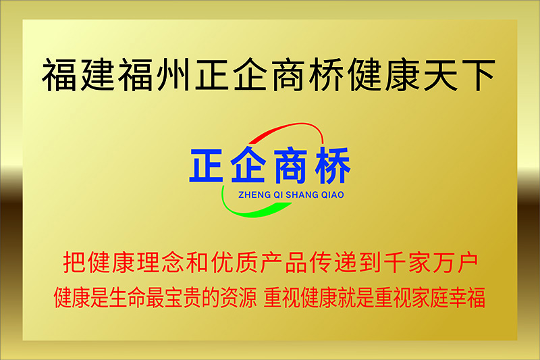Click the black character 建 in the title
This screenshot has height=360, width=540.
(98, 75)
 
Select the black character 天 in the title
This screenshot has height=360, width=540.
(441, 75)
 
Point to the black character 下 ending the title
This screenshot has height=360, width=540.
(479, 75)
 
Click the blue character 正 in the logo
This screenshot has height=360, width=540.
(206, 165)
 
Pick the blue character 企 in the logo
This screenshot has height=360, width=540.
(248, 165)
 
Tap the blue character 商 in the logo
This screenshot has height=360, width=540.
(290, 165)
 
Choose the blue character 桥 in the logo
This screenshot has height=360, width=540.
(333, 165)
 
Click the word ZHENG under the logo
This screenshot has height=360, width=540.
(254, 195)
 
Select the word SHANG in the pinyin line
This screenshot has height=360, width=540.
(302, 195)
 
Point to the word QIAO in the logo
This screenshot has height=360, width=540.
(333, 195)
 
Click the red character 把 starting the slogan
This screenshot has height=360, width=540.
(74, 263)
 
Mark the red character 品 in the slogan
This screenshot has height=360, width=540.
(296, 263)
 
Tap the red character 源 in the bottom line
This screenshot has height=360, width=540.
(248, 298)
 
